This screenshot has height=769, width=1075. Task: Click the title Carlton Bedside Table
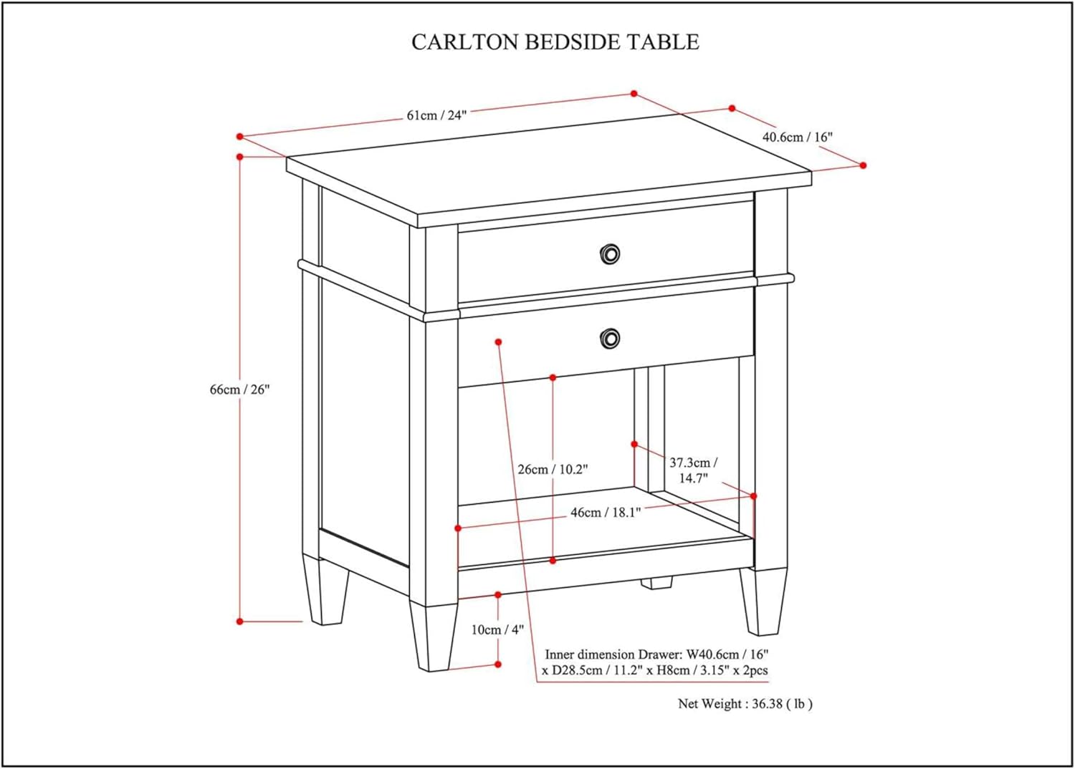555,42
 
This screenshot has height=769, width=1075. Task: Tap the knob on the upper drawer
610,253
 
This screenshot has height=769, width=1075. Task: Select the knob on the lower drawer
610,338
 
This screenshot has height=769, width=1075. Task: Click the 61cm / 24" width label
436,115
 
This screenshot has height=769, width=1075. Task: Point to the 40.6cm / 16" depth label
797,137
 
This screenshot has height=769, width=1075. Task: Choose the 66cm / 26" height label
239,390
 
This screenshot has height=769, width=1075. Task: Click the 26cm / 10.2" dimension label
553,470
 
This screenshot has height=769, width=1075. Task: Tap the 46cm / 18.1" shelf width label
606,513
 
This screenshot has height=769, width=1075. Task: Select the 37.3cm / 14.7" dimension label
693,470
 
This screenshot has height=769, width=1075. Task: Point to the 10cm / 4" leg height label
497,629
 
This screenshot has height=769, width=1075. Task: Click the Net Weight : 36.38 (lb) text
745,704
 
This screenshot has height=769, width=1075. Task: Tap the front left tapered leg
433,637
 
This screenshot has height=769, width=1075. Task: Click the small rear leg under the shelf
656,583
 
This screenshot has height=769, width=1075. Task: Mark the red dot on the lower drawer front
499,342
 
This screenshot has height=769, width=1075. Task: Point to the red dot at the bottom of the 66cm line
240,622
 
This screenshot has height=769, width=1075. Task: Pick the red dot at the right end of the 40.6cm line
863,165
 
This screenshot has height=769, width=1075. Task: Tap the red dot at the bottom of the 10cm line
498,664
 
